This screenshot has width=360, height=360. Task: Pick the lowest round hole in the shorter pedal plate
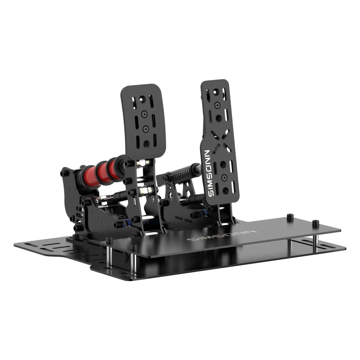point(146,143)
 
